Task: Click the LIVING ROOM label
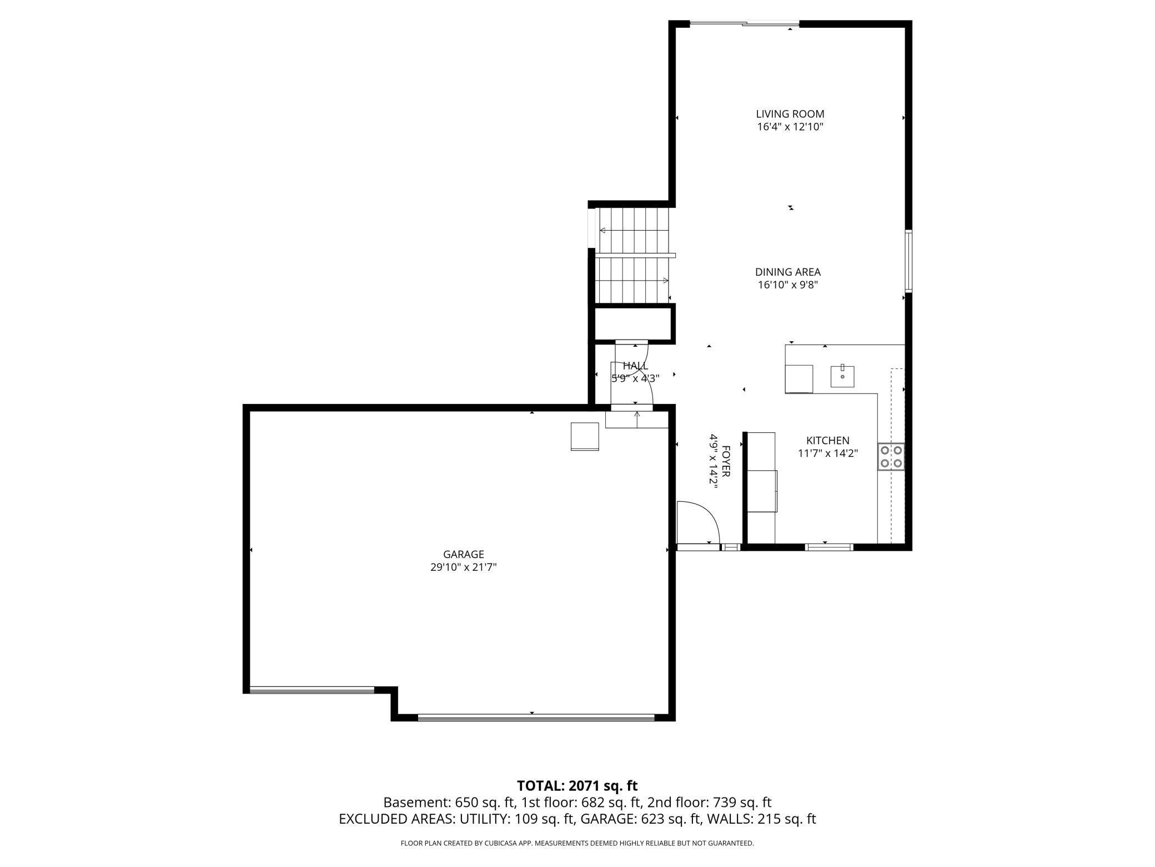coord(790,114)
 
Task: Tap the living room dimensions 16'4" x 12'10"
coord(790,127)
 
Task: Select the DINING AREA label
coord(787,272)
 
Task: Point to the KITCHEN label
coord(828,441)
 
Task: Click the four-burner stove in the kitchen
coord(891,457)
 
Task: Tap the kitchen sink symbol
coord(842,376)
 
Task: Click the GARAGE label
coord(464,554)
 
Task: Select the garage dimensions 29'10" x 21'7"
coord(464,567)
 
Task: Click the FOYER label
coord(726,461)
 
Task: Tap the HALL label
coord(635,366)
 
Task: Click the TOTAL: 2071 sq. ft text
coord(577,786)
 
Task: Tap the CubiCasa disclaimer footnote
coord(577,843)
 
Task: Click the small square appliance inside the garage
coord(585,436)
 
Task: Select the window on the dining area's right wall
coord(908,261)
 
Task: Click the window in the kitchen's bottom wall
coord(829,547)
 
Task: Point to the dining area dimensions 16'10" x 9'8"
coord(788,285)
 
